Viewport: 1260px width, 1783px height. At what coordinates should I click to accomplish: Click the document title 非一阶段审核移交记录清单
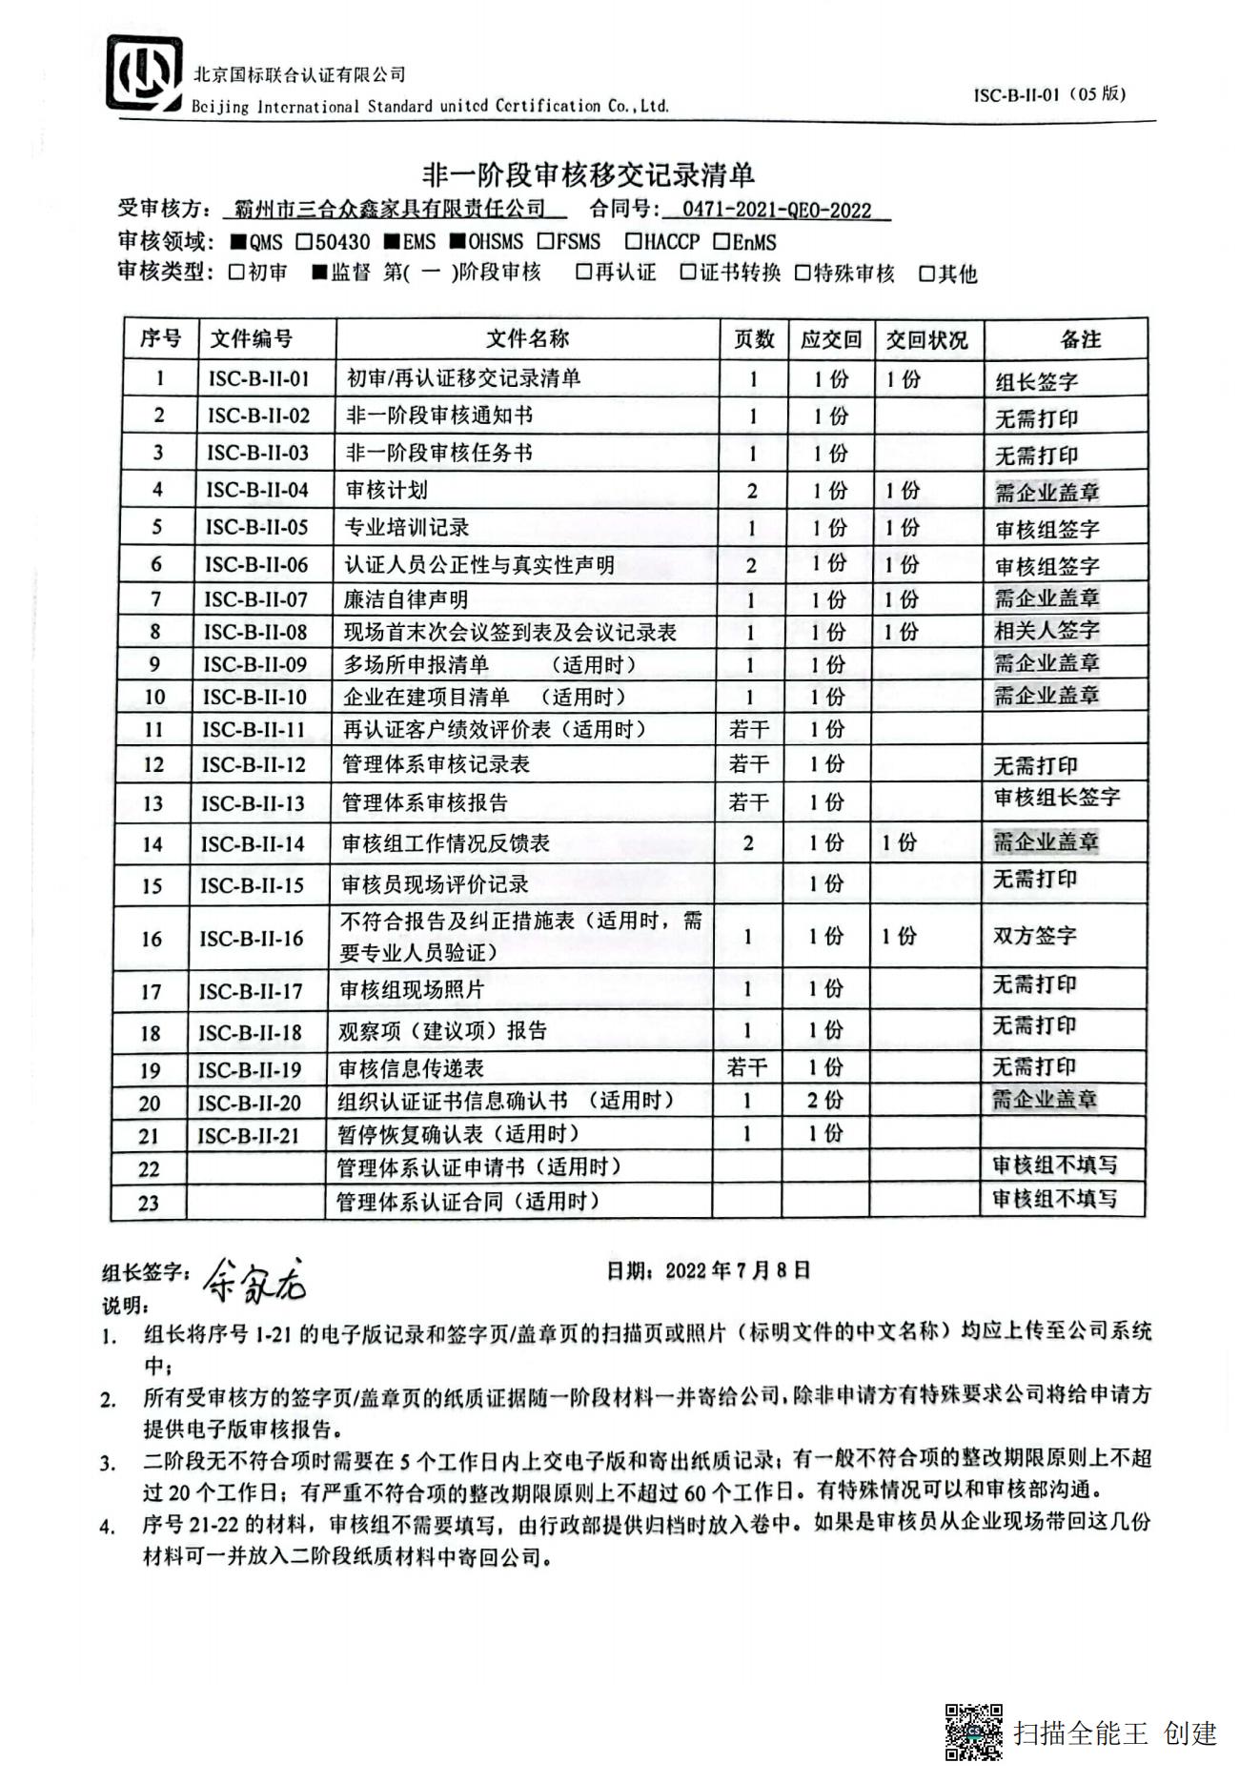click(588, 174)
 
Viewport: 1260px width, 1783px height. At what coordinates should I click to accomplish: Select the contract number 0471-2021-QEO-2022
click(777, 210)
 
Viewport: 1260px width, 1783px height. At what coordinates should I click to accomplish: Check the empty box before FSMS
click(545, 241)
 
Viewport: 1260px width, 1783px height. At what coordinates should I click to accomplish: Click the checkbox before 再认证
click(583, 273)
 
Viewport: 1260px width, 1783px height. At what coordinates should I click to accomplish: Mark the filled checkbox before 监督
click(320, 274)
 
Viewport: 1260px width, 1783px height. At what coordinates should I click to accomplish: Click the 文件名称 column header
click(527, 338)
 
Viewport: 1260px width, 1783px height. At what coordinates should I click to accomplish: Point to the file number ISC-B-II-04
click(257, 490)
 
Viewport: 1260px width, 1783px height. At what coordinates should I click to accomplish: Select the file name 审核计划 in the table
click(386, 490)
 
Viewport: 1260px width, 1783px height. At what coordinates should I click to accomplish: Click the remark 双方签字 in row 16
click(1034, 935)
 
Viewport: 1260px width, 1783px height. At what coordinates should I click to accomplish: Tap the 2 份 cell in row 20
click(824, 1100)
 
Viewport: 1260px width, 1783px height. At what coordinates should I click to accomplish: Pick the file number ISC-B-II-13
click(253, 803)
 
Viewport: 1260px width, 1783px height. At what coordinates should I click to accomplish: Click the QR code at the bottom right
click(973, 1732)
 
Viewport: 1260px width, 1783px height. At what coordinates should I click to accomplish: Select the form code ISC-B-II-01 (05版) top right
click(1049, 94)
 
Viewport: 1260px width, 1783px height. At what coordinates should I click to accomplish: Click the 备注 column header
click(1080, 339)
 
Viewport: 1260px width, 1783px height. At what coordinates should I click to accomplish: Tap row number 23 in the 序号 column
click(149, 1203)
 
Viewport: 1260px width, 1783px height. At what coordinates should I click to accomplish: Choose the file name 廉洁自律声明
click(406, 599)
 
